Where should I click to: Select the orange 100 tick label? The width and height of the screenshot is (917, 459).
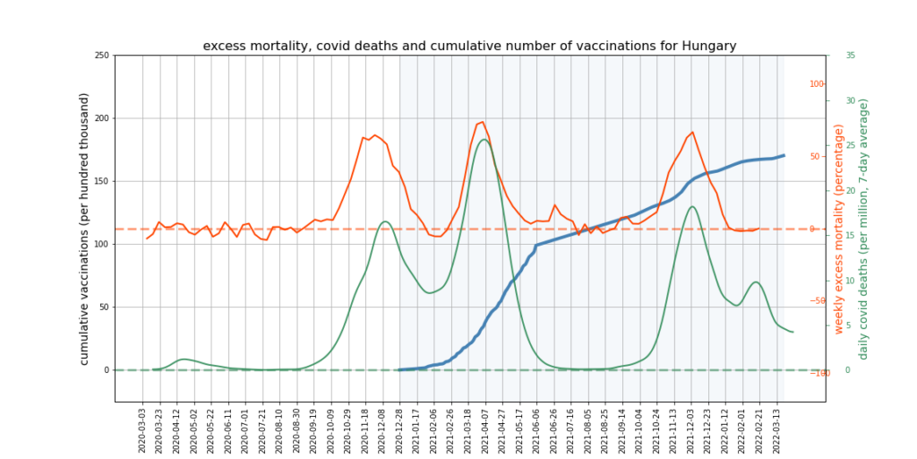pyautogui.click(x=817, y=84)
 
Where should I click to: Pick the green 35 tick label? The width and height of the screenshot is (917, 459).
pyautogui.click(x=850, y=56)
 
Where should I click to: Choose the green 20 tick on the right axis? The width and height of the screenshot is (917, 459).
pyautogui.click(x=850, y=190)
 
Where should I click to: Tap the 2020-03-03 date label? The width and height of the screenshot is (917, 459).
pyautogui.click(x=142, y=429)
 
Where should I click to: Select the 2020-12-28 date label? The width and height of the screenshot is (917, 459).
pyautogui.click(x=399, y=429)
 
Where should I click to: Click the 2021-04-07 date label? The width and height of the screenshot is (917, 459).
pyautogui.click(x=485, y=429)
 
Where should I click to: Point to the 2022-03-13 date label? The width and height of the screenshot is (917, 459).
pyautogui.click(x=776, y=429)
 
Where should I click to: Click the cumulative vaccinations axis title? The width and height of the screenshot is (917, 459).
pyautogui.click(x=85, y=229)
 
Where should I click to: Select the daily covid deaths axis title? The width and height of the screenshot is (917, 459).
pyautogui.click(x=864, y=229)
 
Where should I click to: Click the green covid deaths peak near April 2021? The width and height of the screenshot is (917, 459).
pyautogui.click(x=484, y=139)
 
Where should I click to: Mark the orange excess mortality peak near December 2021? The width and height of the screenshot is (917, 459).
pyautogui.click(x=692, y=132)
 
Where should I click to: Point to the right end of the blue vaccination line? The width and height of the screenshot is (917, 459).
pyautogui.click(x=784, y=155)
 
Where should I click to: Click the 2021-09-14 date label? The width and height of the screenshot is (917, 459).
pyautogui.click(x=622, y=429)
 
